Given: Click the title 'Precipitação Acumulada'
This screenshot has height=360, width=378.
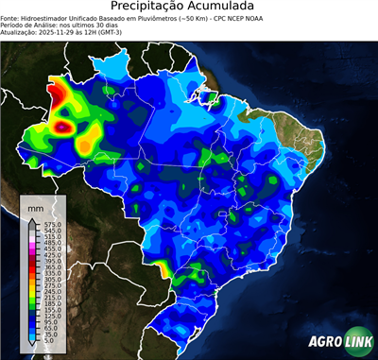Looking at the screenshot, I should point(188,9).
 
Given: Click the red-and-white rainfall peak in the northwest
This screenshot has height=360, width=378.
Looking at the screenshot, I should point(64,124).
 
